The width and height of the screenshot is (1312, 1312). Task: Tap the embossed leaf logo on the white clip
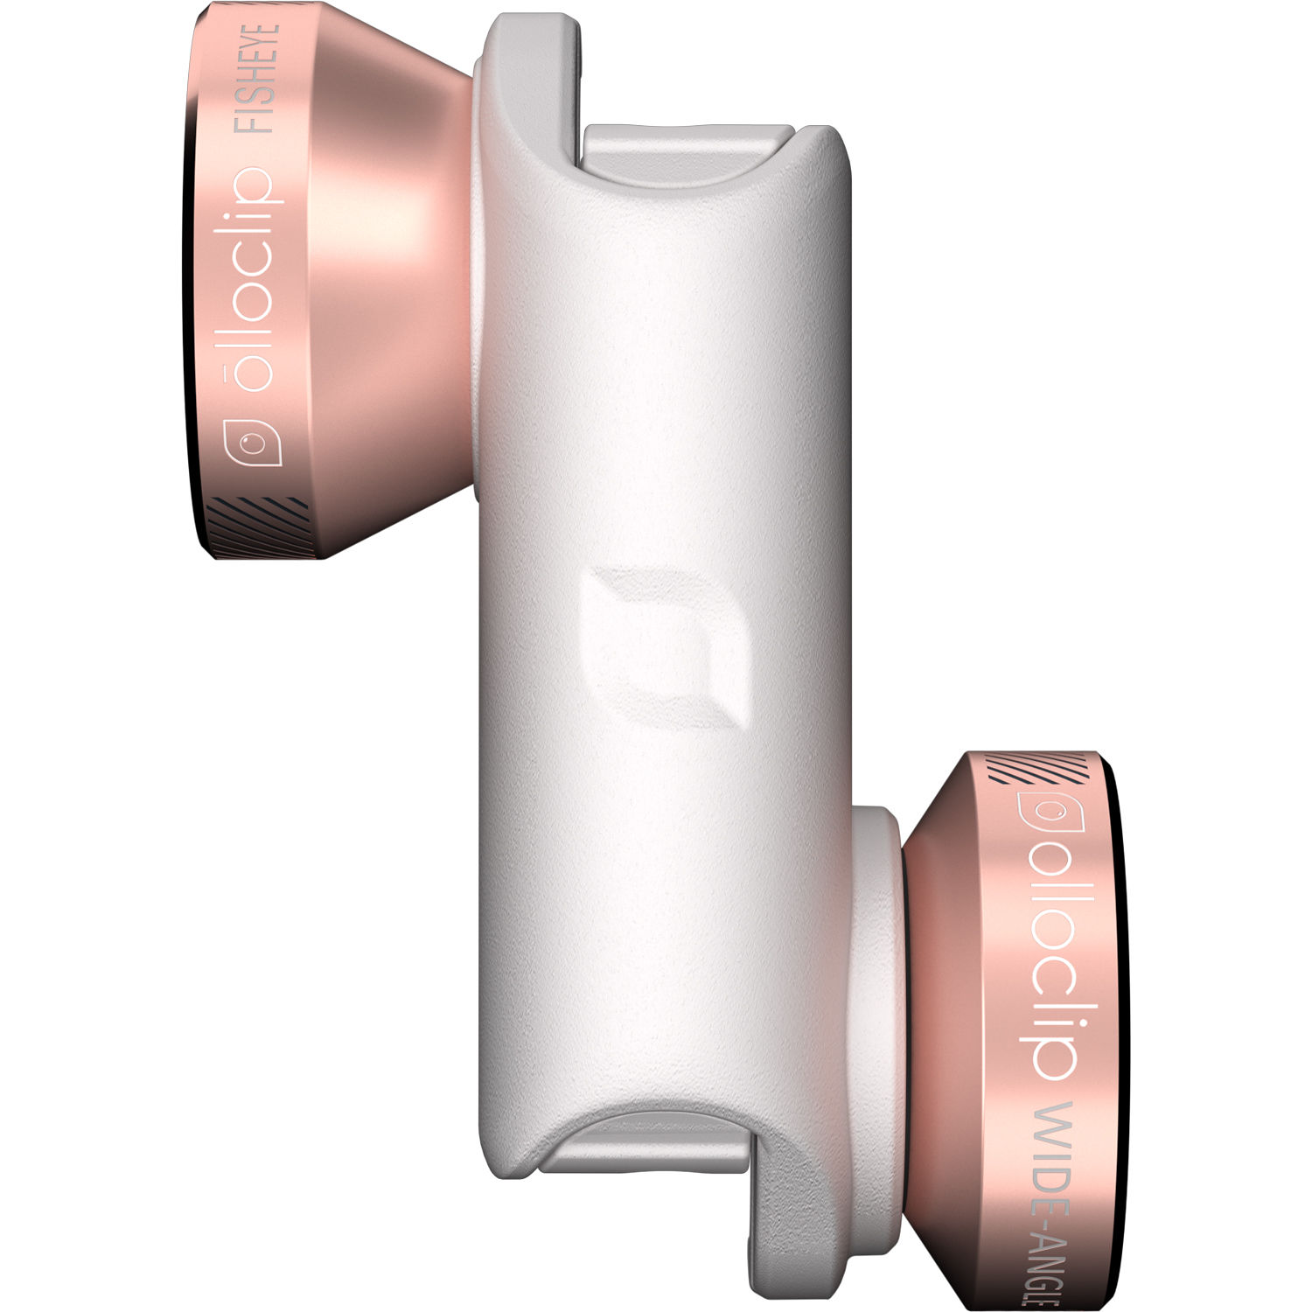coord(669,647)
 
